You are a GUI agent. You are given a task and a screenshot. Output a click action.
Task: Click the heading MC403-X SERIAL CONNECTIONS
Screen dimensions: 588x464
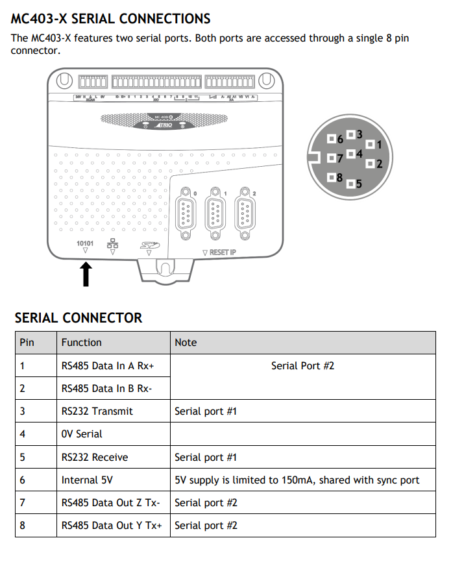tap(111, 19)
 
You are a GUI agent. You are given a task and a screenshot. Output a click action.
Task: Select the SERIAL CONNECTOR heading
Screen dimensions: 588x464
tap(79, 317)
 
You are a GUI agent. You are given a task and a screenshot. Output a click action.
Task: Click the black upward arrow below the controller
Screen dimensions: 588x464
tap(85, 273)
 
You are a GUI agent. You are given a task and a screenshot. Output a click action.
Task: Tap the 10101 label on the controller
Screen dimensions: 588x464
tap(85, 244)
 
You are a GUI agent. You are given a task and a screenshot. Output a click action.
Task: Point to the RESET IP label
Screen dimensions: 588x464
tap(219, 252)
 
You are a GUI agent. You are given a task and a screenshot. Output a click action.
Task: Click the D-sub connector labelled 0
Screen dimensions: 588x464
tap(186, 211)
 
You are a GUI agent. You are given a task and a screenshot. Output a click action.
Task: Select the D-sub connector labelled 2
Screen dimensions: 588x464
tap(245, 211)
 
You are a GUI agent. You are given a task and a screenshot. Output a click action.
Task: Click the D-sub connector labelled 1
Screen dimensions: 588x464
tap(215, 211)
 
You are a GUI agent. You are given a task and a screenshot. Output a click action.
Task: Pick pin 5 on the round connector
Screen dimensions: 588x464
tap(351, 184)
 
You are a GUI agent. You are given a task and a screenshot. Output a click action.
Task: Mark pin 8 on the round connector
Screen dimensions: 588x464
tap(332, 177)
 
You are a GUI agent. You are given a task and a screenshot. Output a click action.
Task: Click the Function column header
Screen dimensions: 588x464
tap(82, 342)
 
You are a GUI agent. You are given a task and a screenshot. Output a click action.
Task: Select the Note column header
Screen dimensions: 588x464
tap(186, 342)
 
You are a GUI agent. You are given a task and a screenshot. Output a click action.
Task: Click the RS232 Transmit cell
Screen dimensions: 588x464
tap(97, 411)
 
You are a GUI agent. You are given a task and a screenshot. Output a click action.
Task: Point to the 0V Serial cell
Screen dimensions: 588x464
tap(82, 434)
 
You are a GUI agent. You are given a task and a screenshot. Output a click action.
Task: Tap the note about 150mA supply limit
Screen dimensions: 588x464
tap(297, 480)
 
